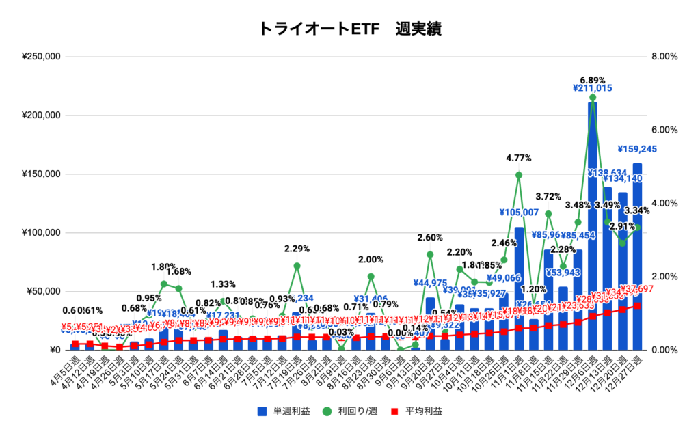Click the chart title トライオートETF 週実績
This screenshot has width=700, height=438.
tap(349, 29)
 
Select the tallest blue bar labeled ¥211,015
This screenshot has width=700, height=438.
tap(593, 225)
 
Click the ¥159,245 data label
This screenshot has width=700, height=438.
tap(643, 149)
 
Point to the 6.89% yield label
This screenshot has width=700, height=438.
tap(592, 80)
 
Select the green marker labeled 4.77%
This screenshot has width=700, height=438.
tap(519, 175)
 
